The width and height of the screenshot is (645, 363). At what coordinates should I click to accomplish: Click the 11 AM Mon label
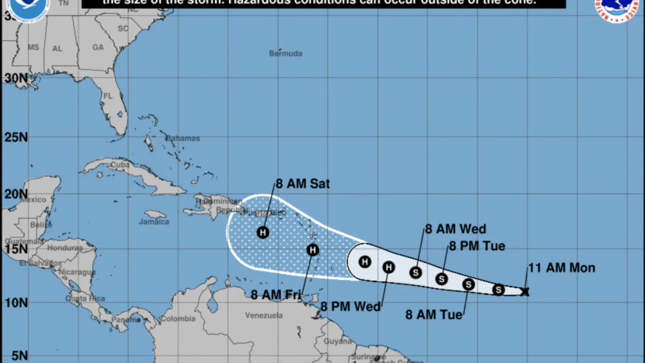(562, 268)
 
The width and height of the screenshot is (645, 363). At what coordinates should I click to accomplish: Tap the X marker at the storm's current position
(525, 292)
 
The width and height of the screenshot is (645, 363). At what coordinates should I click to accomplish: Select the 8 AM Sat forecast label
(303, 184)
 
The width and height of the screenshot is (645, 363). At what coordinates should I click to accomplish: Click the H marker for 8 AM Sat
(263, 232)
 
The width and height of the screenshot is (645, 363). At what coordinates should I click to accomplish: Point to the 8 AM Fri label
(275, 295)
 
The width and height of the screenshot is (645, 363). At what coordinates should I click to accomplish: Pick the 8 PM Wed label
(350, 307)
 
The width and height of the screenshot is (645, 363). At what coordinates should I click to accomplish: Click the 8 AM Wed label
(455, 229)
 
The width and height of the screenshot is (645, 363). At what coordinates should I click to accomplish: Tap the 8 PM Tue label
(477, 246)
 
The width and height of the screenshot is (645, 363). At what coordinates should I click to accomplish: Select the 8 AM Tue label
(434, 315)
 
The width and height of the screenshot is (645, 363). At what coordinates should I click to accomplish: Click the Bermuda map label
(285, 54)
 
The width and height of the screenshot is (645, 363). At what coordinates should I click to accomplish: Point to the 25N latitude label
(16, 137)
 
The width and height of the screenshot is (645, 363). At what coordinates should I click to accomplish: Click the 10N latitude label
(16, 303)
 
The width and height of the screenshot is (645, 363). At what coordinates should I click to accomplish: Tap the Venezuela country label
(263, 316)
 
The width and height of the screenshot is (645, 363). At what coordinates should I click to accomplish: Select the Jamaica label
(154, 222)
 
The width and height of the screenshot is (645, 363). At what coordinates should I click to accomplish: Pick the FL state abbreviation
(107, 96)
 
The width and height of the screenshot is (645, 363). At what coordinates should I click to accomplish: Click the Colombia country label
(178, 319)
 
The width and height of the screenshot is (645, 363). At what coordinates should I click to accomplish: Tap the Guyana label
(338, 341)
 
